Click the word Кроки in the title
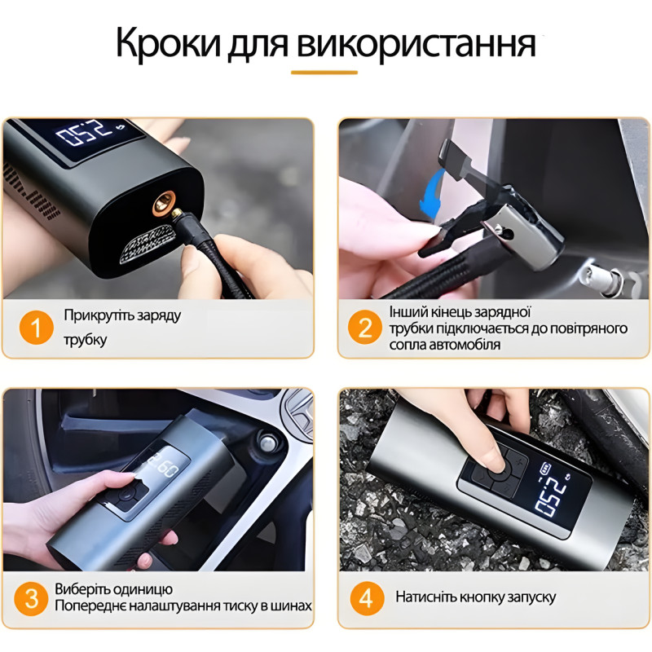coord(169,44)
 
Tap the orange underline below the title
coord(324,73)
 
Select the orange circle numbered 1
coord(36,328)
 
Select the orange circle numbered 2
coord(364,328)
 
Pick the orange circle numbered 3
coord(31,599)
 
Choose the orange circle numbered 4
coord(366,598)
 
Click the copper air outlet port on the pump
coord(165,203)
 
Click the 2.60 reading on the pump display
coord(164,465)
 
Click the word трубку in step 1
coord(86,340)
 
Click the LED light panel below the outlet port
coord(147,244)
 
